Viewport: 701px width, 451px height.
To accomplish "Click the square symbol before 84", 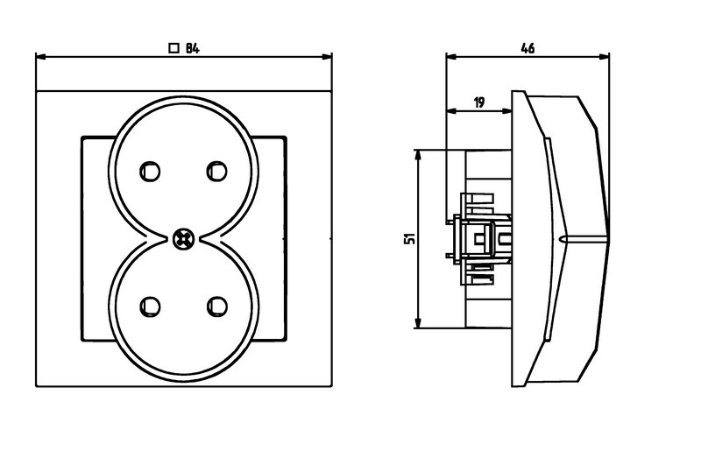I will click(x=173, y=49).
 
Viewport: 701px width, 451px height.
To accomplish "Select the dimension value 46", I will click(x=528, y=49).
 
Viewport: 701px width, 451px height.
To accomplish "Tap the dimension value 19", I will click(x=479, y=102).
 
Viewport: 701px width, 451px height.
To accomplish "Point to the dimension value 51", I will click(x=408, y=238).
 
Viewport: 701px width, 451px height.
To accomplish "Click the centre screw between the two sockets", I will click(x=184, y=236).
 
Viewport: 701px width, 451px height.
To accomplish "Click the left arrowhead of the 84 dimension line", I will click(x=40, y=58).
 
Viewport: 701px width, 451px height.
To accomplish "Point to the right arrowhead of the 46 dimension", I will click(x=604, y=58).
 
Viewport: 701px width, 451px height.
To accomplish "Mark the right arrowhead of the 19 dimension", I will click(x=507, y=111).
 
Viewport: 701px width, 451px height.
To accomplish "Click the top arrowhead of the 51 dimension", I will click(x=418, y=154).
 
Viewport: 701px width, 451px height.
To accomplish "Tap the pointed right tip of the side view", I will click(x=606, y=237).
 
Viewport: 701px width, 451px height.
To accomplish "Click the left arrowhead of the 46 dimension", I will click(x=451, y=58).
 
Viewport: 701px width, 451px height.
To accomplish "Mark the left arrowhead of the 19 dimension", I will click(x=451, y=111).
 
